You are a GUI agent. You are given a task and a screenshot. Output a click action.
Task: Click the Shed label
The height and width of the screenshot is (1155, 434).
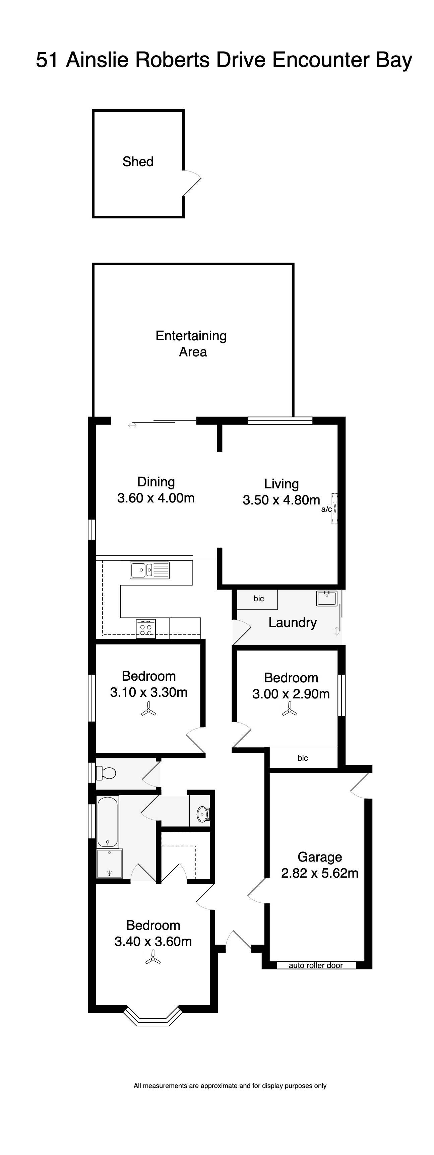138,161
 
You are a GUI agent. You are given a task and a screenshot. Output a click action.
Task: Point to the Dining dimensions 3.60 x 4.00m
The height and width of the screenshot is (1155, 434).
156,498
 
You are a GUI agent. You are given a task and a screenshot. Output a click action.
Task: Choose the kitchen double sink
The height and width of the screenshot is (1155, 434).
149,570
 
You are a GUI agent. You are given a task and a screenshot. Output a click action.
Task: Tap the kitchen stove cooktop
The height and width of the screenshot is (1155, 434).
146,628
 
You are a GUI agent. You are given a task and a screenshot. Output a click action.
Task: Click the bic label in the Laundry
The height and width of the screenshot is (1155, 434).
258,599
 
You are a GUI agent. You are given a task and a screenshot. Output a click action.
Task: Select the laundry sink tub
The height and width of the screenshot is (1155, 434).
327,598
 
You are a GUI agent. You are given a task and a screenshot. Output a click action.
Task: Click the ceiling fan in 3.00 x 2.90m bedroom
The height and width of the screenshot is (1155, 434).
290,710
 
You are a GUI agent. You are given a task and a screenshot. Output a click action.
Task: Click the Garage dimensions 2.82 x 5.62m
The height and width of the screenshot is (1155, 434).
320,873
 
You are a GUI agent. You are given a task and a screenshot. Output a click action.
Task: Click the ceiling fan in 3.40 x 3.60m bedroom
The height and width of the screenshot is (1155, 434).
153,960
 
